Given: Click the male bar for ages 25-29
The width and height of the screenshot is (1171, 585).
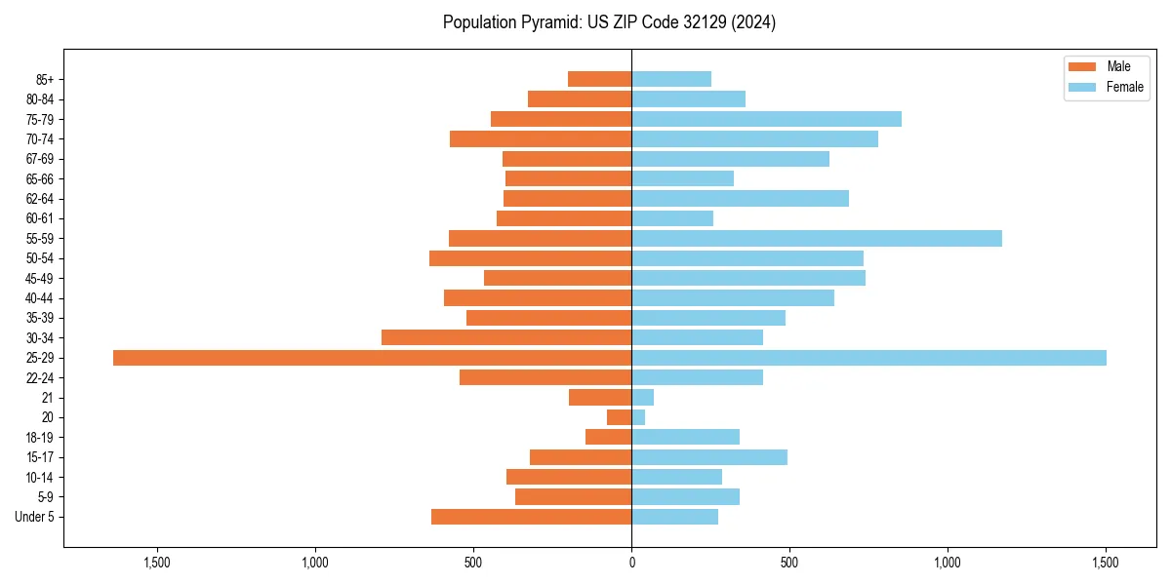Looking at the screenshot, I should tap(372, 358).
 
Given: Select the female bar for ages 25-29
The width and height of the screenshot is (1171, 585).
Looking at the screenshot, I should tap(868, 358).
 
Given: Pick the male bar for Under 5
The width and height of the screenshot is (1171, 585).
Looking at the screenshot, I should tap(531, 517).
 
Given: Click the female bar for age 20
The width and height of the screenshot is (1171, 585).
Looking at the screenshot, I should tap(638, 417).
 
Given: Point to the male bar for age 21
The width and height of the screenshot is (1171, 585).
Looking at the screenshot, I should tap(600, 398).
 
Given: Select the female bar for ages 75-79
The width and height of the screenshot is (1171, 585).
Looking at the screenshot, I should tap(766, 119).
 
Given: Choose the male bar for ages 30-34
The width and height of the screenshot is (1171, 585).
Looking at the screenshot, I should tap(506, 337).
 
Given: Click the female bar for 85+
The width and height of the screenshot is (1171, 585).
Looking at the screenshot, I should tap(671, 79).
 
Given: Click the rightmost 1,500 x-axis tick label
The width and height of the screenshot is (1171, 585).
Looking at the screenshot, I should tap(1106, 563).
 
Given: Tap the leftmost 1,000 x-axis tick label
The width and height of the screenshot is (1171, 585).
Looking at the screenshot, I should tap(315, 563).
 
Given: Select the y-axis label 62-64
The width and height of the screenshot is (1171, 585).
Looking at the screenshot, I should tap(40, 199).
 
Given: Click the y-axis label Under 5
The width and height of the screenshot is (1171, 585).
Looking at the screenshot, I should tap(34, 517).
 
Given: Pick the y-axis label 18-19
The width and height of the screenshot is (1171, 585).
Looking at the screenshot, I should tap(40, 438).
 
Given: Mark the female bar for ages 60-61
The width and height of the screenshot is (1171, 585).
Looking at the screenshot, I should tap(672, 218).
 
